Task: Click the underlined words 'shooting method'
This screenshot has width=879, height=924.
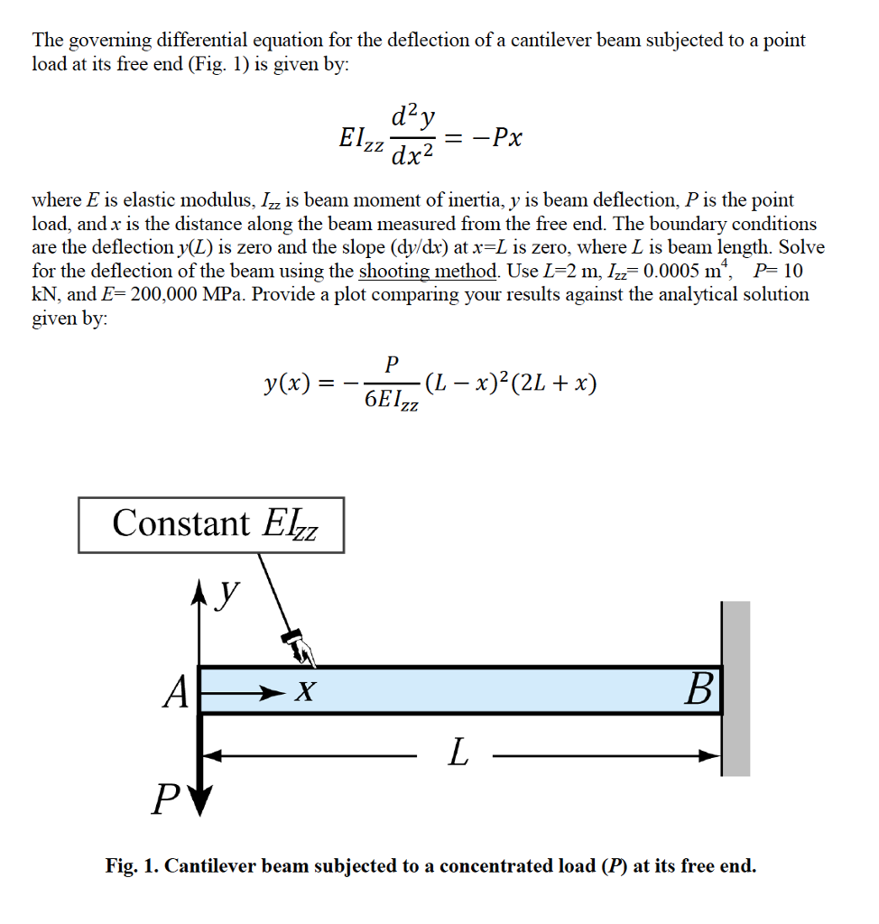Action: [429, 271]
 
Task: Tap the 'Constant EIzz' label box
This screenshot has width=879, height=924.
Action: [211, 524]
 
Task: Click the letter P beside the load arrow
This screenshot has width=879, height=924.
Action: [163, 799]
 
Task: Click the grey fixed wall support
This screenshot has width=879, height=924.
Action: [736, 688]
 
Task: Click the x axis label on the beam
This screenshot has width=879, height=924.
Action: [307, 692]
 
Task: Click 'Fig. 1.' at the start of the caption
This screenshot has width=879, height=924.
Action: [132, 866]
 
